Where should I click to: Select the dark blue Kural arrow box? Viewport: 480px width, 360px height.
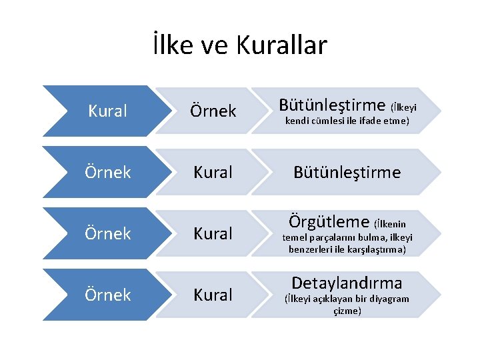[107, 111]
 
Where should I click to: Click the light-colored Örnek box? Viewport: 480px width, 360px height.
[213, 111]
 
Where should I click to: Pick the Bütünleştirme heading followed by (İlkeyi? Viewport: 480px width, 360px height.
[331, 105]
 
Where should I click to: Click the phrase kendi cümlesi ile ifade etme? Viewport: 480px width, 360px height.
[347, 121]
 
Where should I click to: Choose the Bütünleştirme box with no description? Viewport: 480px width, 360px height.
[347, 173]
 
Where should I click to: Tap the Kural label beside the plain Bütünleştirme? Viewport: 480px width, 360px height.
[213, 173]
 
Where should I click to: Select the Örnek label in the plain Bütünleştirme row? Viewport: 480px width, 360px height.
[107, 173]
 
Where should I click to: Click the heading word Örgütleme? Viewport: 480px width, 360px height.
[329, 221]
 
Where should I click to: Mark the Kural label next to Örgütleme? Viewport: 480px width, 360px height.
[213, 234]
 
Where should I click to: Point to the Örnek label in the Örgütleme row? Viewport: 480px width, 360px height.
[107, 234]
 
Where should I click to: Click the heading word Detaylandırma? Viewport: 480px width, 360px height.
[347, 283]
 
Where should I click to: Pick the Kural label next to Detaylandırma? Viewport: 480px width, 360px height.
[213, 295]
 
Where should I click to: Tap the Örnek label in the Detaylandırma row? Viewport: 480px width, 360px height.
[107, 295]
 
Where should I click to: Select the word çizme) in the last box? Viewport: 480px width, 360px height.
[347, 311]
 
